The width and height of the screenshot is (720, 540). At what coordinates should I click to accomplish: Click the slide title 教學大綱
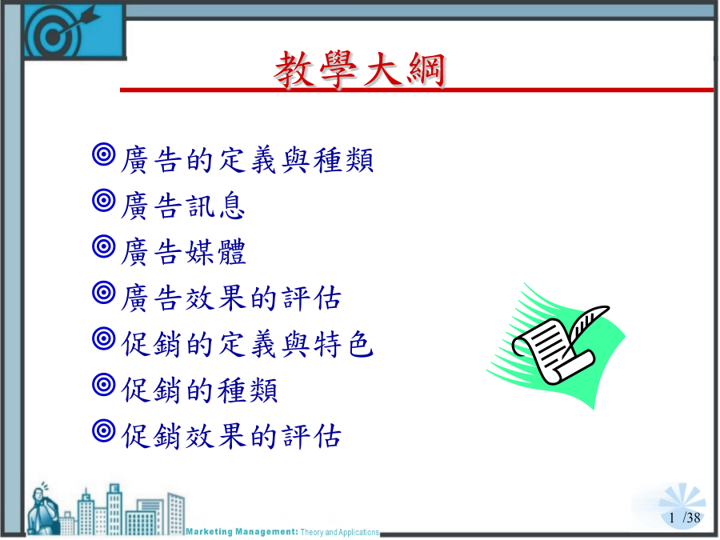coord(359,70)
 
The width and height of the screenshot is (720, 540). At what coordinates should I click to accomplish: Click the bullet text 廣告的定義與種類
coord(247,160)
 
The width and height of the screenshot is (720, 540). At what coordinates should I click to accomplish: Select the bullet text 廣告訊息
coord(182,206)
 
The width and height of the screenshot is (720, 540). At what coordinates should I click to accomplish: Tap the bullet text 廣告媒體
coord(183,252)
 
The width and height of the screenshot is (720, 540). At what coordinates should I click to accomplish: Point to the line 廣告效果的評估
coord(231,298)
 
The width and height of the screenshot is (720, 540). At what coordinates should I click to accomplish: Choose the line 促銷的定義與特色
coord(247,343)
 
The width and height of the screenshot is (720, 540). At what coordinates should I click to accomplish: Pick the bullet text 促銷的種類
coord(199,390)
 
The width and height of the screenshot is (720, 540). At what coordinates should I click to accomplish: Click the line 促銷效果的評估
coord(231,436)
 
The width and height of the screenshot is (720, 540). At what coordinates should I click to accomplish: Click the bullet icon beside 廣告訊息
coord(104,200)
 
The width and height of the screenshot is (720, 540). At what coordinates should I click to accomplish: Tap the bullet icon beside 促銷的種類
coord(104,384)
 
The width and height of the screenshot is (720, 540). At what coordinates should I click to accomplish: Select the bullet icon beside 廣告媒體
coord(104,246)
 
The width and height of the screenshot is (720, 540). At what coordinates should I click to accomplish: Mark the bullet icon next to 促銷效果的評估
coord(104,430)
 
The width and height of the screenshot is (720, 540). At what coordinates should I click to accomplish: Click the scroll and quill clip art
coord(556,346)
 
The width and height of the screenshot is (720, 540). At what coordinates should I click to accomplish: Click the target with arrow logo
coord(74,30)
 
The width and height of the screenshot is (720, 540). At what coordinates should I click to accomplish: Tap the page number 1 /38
coord(685,518)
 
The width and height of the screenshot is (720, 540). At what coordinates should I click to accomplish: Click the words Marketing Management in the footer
coord(242,532)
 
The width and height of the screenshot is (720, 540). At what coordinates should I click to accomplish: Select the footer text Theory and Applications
coord(340,532)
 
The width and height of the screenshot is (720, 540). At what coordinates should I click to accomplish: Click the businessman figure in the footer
coord(42,509)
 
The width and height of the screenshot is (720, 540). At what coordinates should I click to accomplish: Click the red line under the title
coord(417,90)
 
